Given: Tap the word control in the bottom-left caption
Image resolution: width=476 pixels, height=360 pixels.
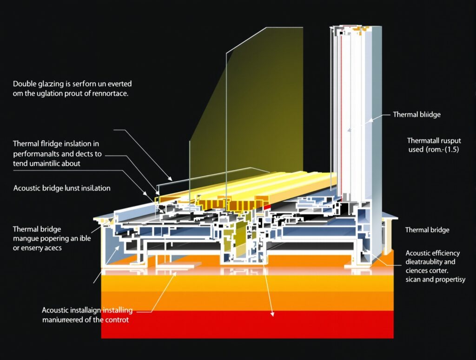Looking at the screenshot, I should [x=116, y=320].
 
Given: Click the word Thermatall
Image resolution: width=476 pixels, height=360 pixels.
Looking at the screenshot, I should [x=425, y=140].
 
